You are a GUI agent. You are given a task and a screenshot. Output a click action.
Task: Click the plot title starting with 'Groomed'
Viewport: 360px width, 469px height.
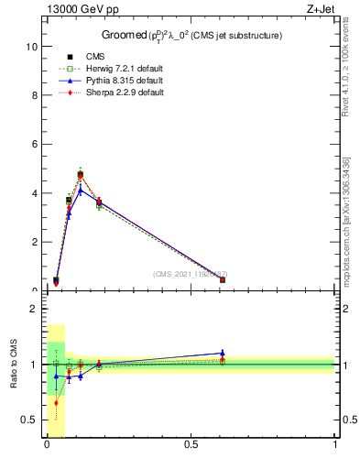tap(191, 35)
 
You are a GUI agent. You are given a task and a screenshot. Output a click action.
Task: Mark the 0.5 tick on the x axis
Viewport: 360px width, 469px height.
tap(191, 444)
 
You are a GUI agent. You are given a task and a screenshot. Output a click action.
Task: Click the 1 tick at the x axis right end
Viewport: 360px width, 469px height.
tap(335, 444)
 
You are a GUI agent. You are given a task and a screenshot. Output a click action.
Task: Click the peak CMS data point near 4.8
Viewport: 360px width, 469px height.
tap(81, 174)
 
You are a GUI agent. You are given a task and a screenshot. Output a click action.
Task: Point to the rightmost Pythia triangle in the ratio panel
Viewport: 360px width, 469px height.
tap(223, 353)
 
